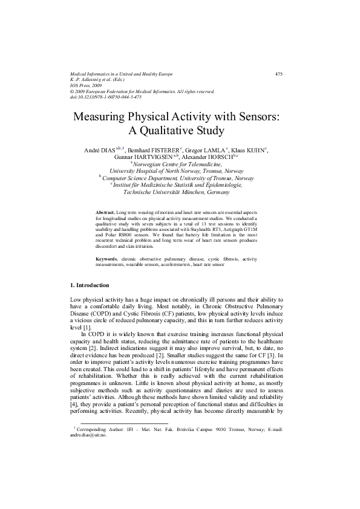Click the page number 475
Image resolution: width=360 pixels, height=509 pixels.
coord(279,74)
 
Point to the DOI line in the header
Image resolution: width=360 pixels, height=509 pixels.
coord(106,97)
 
